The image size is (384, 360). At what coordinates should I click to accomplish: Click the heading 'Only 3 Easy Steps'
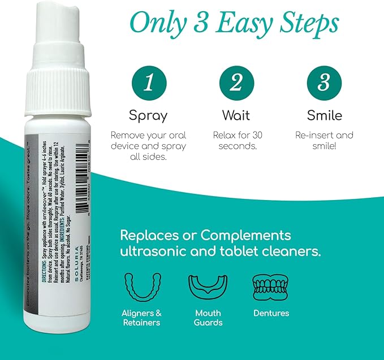click(234, 24)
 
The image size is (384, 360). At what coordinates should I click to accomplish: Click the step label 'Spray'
click(148, 116)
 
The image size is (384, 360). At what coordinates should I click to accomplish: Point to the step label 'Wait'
click(236, 116)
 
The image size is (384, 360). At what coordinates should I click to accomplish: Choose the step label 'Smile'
click(324, 116)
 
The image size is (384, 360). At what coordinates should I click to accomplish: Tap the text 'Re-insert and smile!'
click(324, 141)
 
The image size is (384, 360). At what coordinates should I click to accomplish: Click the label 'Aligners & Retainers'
click(141, 318)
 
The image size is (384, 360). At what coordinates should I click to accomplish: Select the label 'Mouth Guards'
click(208, 318)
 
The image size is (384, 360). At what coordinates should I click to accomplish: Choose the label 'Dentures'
click(271, 313)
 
